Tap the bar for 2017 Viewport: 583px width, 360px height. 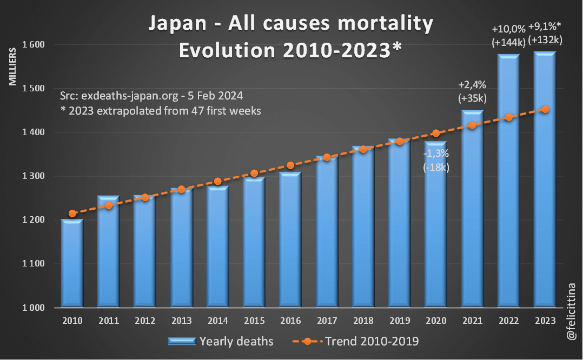327,232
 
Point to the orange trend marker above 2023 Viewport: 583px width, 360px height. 545,109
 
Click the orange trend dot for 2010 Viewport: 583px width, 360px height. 72,214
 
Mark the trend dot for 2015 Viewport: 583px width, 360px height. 254,174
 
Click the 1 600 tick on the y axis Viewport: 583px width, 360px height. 34,44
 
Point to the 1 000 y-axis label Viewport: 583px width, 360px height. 34,308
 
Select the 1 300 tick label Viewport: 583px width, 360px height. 34,176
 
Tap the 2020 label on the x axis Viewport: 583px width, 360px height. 435,321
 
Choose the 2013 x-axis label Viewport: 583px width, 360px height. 181,321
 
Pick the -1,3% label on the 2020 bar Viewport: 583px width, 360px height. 436,154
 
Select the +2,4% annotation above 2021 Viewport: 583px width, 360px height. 472,84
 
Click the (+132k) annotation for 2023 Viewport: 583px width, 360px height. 545,39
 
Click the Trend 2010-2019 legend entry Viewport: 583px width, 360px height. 373,342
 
